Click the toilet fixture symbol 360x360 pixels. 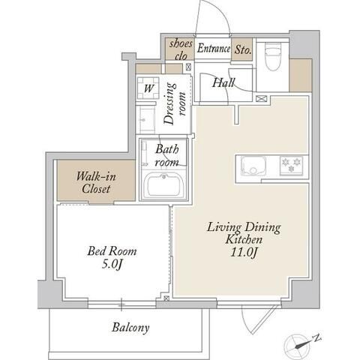point(273,56)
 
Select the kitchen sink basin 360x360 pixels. point(253,166)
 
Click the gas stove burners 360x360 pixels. point(291,165)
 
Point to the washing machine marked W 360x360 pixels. point(148,88)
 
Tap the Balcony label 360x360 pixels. point(130,328)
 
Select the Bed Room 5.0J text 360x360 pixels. point(112,257)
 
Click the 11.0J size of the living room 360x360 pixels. point(244,253)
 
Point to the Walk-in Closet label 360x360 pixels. point(96,182)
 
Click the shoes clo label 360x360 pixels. point(181,50)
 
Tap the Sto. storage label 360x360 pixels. point(242,49)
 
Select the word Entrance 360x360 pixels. point(213,48)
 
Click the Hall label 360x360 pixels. point(223,82)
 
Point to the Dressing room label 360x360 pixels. point(175,103)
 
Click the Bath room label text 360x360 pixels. point(167,155)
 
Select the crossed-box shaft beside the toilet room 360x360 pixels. point(262,98)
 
